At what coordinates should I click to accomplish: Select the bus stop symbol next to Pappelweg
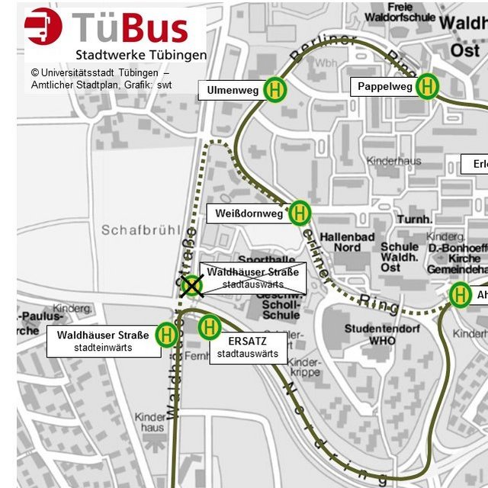click(x=427, y=86)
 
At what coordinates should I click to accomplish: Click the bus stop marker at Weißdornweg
click(x=300, y=213)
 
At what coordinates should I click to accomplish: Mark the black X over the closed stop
click(x=191, y=286)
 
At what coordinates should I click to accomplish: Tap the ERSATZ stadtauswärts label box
click(x=248, y=348)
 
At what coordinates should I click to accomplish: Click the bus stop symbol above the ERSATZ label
click(x=209, y=328)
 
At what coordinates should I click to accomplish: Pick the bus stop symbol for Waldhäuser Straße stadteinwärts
click(x=165, y=334)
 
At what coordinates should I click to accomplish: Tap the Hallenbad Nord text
click(x=348, y=242)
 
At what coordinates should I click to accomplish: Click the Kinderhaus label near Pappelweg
click(x=393, y=162)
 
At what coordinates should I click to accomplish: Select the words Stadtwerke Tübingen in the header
click(x=140, y=55)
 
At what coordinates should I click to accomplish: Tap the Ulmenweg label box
click(x=233, y=91)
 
